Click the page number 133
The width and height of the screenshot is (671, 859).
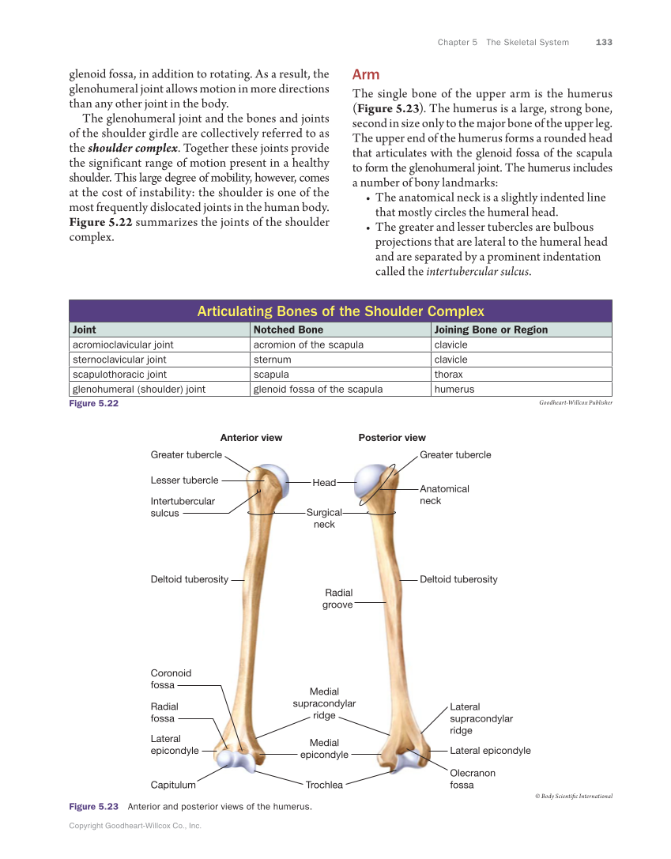pos(604,42)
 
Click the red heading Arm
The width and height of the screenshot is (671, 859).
pos(366,74)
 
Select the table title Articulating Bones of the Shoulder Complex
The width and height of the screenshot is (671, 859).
pos(340,311)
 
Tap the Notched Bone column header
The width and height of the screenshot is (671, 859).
pos(288,330)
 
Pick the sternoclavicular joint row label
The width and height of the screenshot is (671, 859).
pos(119,360)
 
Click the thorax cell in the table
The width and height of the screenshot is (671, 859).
pos(448,375)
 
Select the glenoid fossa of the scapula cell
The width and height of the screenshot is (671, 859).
pos(318,389)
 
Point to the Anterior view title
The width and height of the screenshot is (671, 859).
pos(251,438)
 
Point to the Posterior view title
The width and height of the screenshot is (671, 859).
pos(392,438)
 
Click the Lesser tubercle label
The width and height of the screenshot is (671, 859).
pos(184,480)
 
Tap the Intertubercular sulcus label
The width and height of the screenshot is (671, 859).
pos(182,507)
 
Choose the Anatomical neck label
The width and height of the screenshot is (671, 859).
pos(443,495)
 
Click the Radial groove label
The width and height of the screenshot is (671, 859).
pos(337,598)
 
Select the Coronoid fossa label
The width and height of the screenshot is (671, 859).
pos(171,679)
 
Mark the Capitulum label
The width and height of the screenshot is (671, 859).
pos(173,785)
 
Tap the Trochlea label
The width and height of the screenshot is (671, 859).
pos(324,785)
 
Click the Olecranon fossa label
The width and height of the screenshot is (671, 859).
pos(472,778)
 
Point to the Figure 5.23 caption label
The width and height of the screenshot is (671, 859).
pos(93,807)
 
